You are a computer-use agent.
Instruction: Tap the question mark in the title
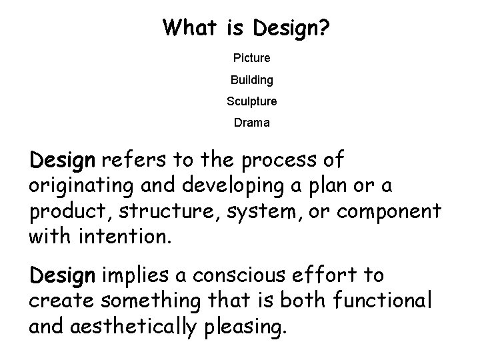coord(325,28)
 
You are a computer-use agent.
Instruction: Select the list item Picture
coord(252,58)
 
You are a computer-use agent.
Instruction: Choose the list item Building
coord(252,80)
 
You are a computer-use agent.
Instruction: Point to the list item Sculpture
coord(252,102)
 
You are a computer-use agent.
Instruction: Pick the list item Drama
coord(252,123)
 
